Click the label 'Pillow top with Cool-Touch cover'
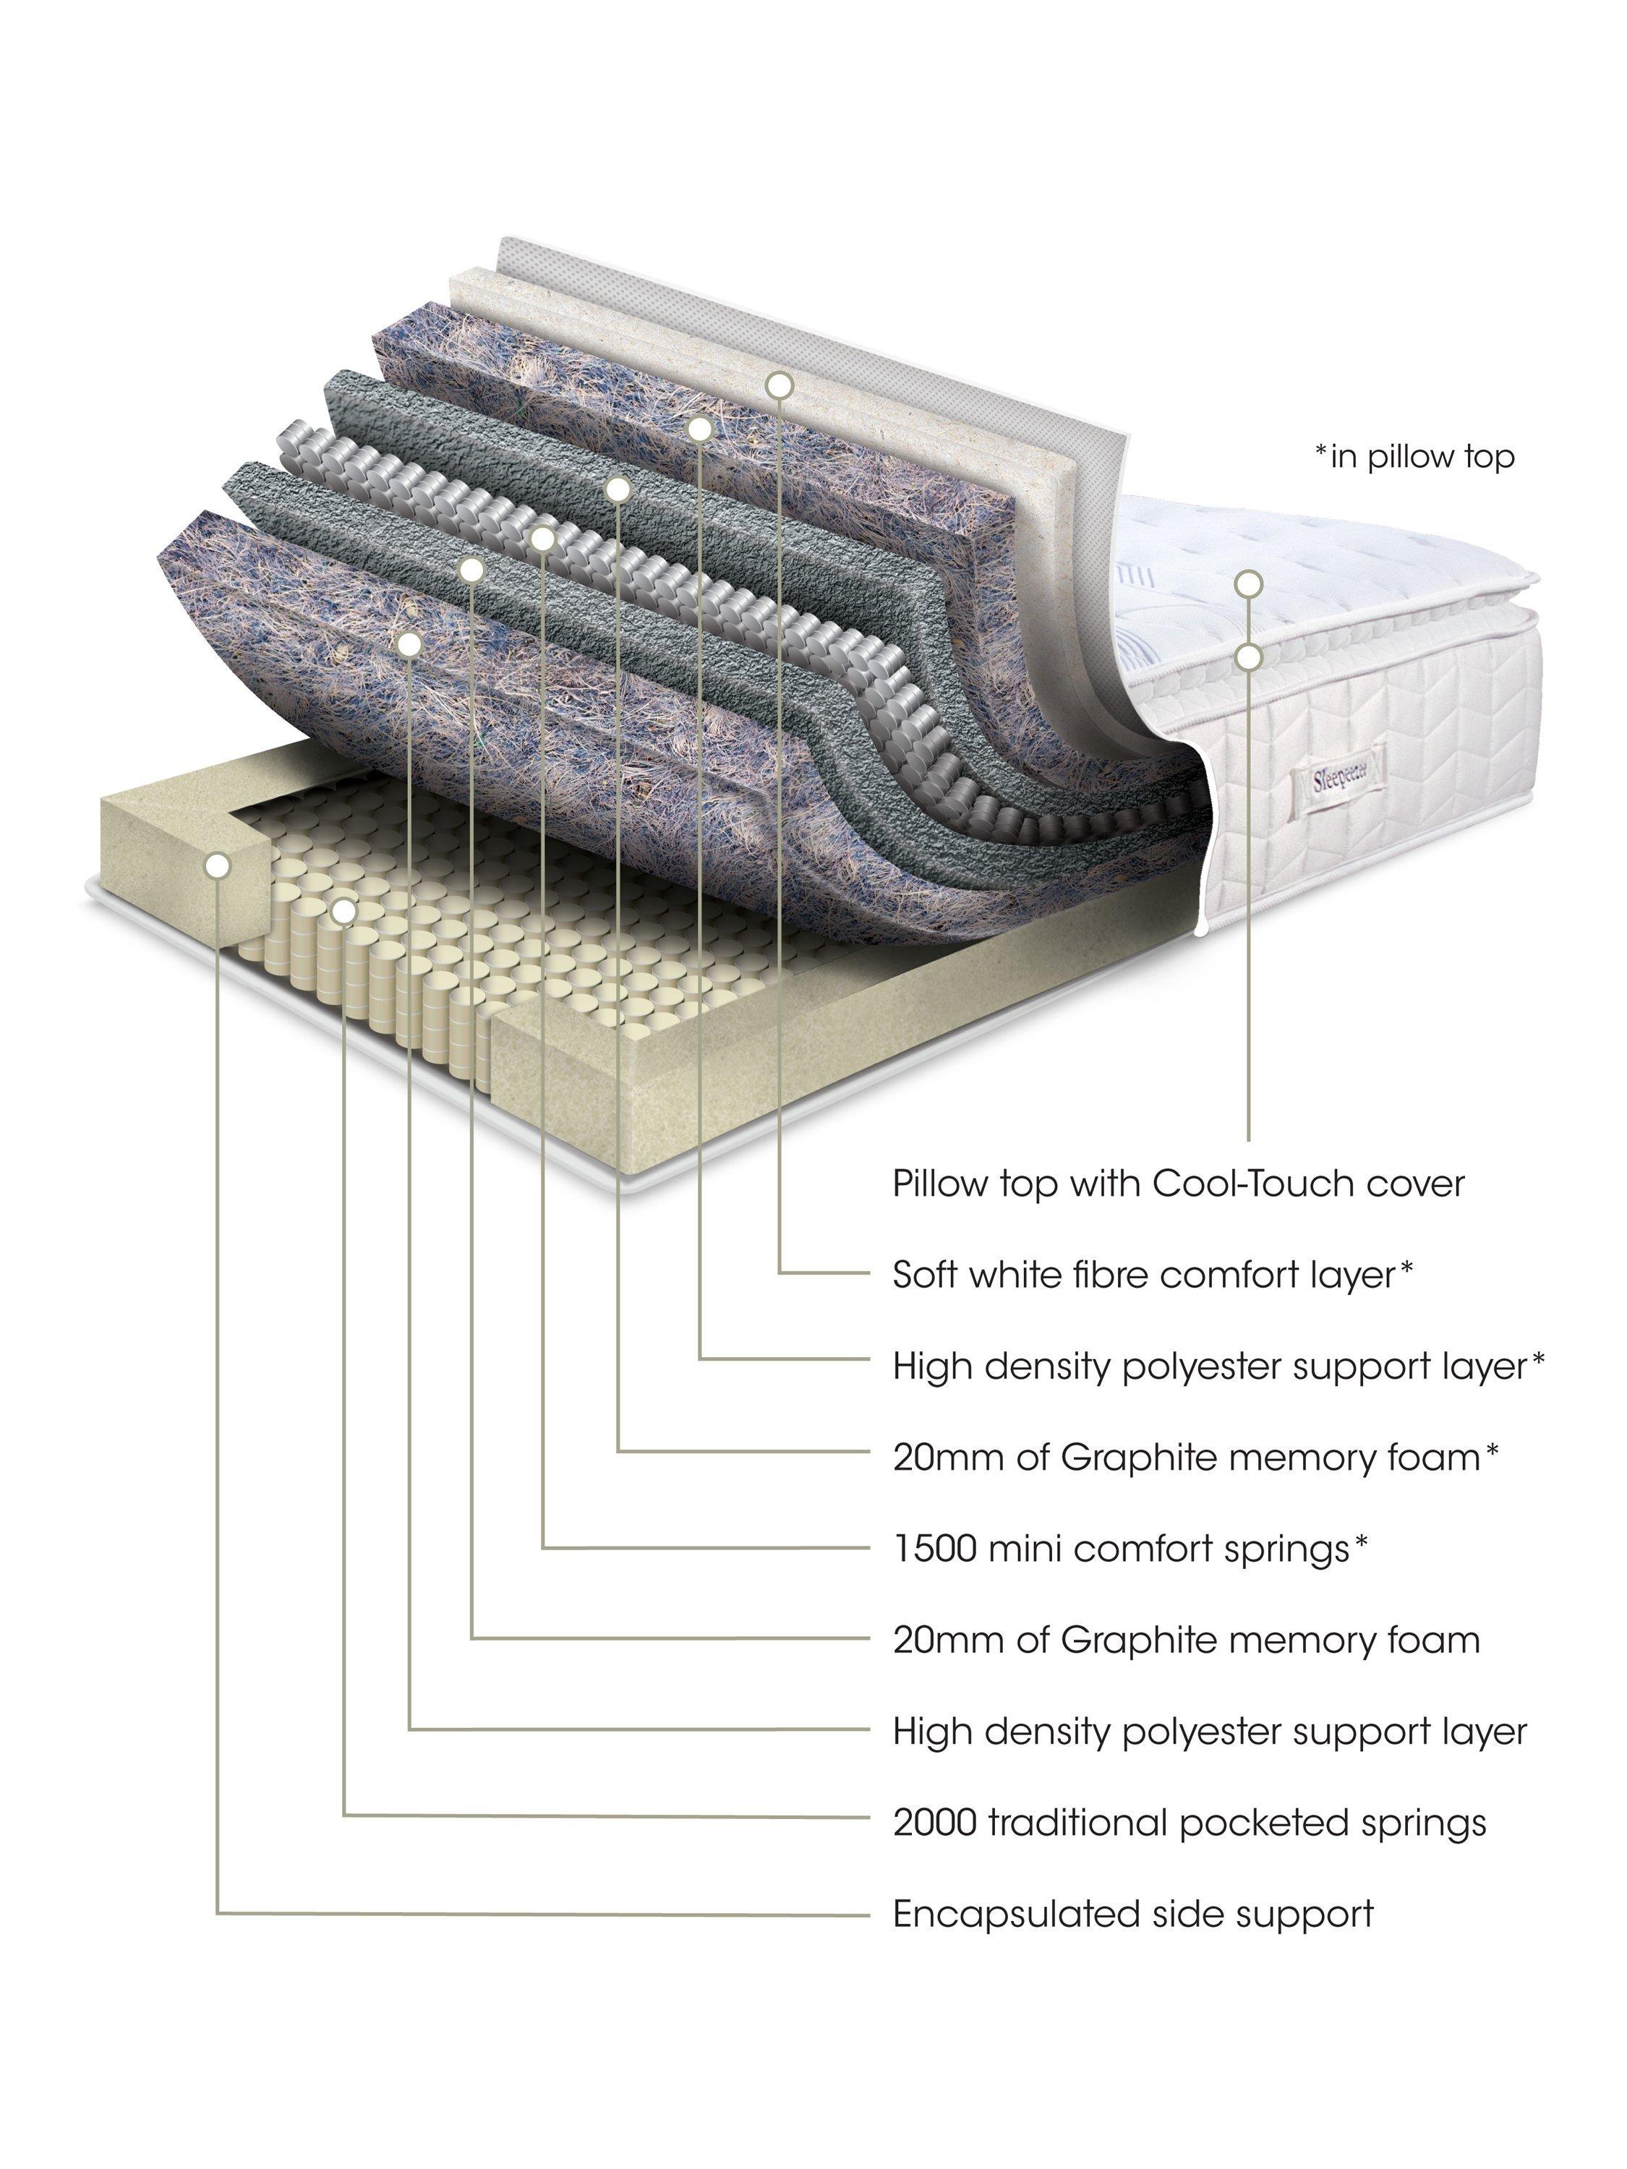[x=1177, y=1184]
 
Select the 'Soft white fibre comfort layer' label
[x=1153, y=1275]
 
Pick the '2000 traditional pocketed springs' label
[x=1189, y=1823]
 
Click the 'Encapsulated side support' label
[x=1132, y=1913]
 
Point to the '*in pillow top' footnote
[x=1414, y=457]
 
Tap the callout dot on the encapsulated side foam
[x=218, y=865]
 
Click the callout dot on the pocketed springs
[x=343, y=911]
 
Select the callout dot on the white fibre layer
[x=779, y=385]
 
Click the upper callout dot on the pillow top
[x=1247, y=583]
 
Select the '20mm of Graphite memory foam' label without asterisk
[x=1184, y=1640]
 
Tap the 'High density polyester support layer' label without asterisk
[x=1209, y=1732]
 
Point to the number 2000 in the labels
[x=934, y=1823]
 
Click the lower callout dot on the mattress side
[x=1247, y=656]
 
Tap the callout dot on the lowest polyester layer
[x=410, y=643]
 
